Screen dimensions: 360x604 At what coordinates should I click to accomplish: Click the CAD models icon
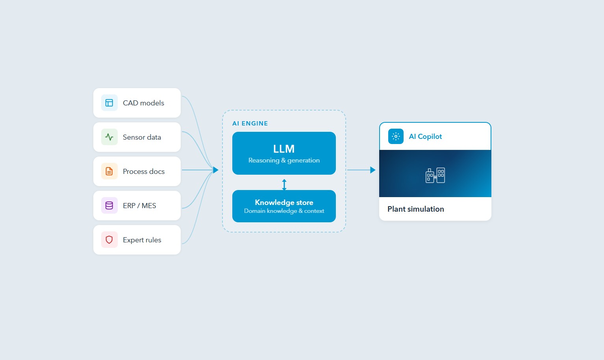point(109,103)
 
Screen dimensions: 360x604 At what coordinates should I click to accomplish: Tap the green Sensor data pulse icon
point(109,137)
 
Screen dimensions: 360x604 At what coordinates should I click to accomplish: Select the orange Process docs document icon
point(109,171)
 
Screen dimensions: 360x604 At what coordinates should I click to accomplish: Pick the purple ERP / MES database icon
point(109,205)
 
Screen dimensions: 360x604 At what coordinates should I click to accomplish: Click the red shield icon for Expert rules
point(109,240)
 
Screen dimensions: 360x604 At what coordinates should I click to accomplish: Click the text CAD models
point(143,103)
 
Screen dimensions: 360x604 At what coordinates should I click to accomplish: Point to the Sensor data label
point(142,137)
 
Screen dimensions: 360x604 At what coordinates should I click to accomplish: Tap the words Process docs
point(144,172)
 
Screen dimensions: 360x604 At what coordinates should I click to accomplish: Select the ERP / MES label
point(139,206)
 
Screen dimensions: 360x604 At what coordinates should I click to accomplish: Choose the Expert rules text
point(142,240)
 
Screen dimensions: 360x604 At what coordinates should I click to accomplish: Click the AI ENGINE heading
point(250,124)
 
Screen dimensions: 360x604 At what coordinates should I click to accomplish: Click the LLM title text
point(284,149)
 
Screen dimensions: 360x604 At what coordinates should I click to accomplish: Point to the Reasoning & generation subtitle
point(284,161)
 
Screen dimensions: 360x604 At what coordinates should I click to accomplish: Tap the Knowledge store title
point(284,202)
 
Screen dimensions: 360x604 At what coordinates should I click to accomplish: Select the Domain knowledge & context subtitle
point(284,211)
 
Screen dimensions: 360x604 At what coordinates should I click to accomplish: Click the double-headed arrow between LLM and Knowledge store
point(284,184)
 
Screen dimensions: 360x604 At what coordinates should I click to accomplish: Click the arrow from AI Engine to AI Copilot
point(361,170)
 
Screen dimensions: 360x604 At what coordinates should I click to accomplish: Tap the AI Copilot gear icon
point(396,137)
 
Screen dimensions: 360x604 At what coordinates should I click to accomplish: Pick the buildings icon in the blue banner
point(435,175)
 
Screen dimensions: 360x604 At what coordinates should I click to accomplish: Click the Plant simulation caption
point(415,209)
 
